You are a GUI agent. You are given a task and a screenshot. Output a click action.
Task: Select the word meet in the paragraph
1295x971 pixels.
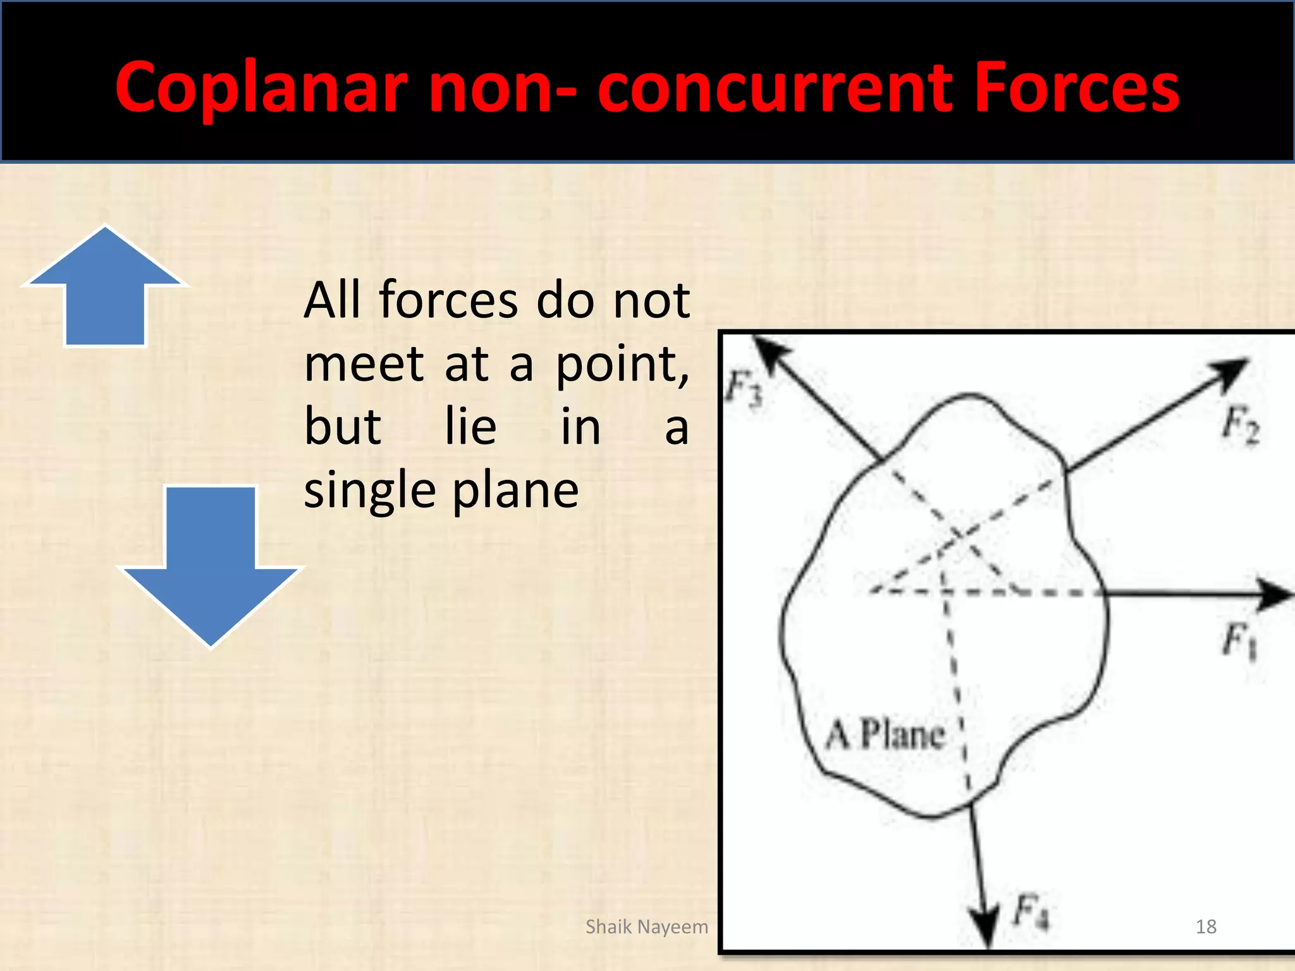(364, 365)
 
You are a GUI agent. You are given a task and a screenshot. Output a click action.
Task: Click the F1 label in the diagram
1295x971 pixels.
(1239, 640)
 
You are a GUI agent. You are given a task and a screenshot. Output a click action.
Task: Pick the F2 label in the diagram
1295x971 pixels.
(1240, 425)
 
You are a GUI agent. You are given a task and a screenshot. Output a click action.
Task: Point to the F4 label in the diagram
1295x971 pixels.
(1031, 911)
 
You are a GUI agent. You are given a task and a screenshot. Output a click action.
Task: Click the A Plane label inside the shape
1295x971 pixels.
(885, 735)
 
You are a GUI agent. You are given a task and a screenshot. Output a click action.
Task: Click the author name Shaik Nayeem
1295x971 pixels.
(646, 927)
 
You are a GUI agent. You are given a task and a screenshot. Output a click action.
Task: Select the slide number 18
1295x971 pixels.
(1206, 927)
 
